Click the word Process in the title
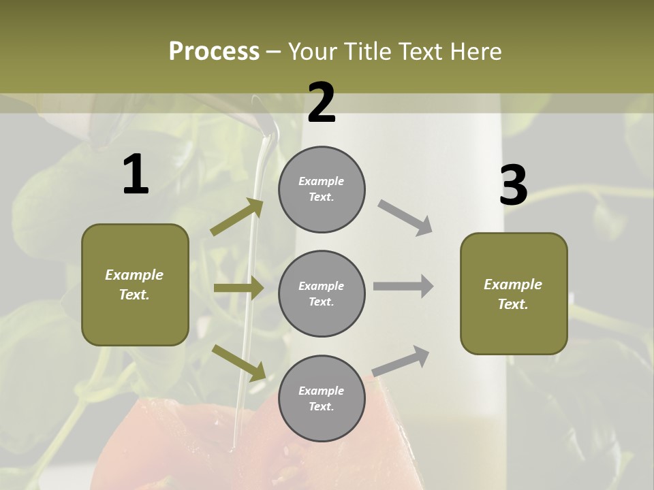214,52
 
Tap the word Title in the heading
366,52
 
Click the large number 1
136,175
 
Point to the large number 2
322,103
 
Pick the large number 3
514,185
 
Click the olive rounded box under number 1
135,284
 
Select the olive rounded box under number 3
514,294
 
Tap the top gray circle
322,189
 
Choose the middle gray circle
322,294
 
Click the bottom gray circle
322,399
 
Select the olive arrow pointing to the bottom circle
238,363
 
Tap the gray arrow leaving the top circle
405,218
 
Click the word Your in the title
314,52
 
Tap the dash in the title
274,52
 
